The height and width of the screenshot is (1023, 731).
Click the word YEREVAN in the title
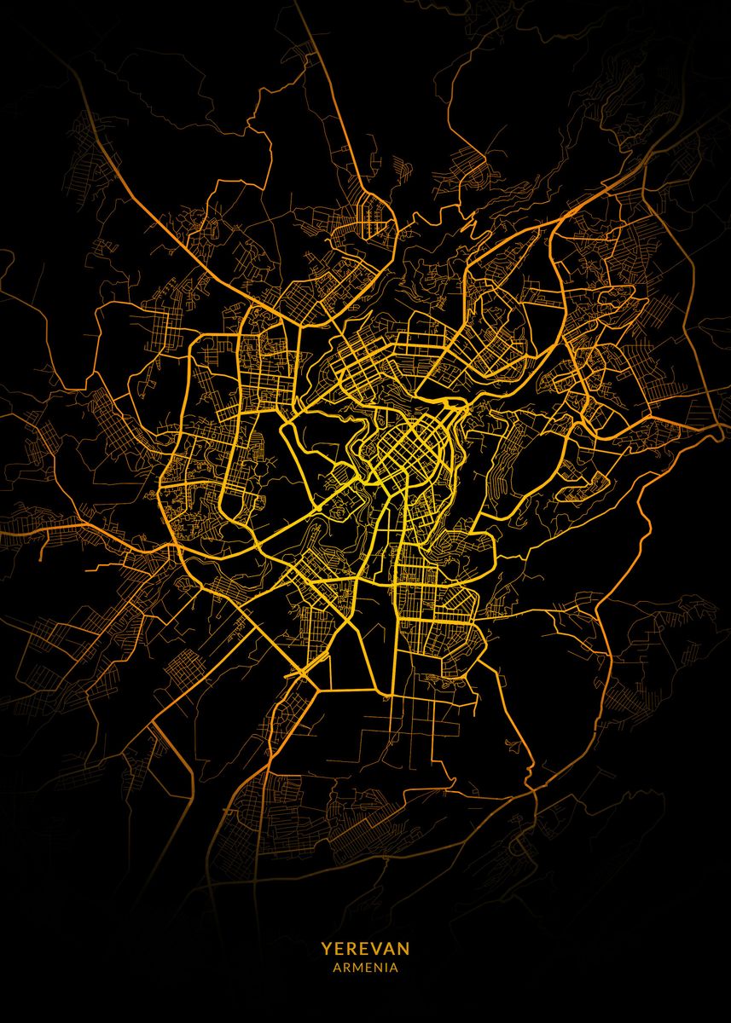[x=365, y=949]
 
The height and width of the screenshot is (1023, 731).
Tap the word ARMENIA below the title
[x=365, y=968]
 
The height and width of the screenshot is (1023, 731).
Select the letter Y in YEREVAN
[x=326, y=949]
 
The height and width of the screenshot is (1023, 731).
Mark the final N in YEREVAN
[x=403, y=949]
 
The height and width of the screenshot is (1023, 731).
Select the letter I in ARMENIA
[x=386, y=968]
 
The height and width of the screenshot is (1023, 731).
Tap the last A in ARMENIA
[x=394, y=968]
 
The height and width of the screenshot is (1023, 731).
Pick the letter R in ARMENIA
[x=347, y=968]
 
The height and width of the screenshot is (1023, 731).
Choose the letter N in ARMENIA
[x=379, y=968]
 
